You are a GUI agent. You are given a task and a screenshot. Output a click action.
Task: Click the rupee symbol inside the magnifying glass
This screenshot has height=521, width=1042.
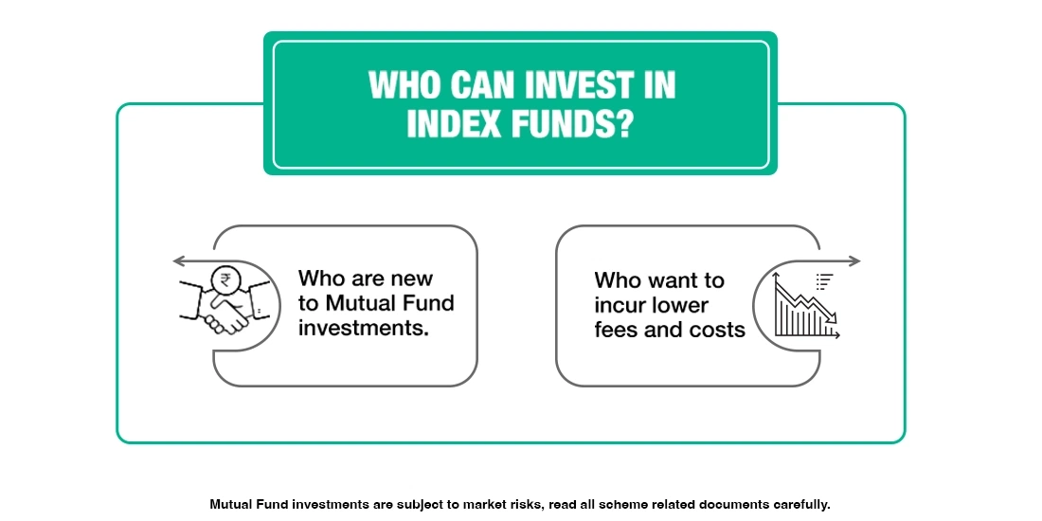pos(225,279)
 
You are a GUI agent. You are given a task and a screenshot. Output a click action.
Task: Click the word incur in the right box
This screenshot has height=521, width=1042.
pos(620,305)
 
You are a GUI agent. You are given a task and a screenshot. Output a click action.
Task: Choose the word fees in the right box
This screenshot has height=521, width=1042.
pos(616,330)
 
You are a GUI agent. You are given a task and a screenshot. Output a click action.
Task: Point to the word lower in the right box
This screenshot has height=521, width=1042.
pos(679,305)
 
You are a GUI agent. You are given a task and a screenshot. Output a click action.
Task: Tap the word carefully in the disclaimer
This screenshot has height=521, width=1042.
pos(798,505)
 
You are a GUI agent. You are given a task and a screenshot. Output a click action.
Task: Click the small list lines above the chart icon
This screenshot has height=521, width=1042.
pos(824,279)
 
